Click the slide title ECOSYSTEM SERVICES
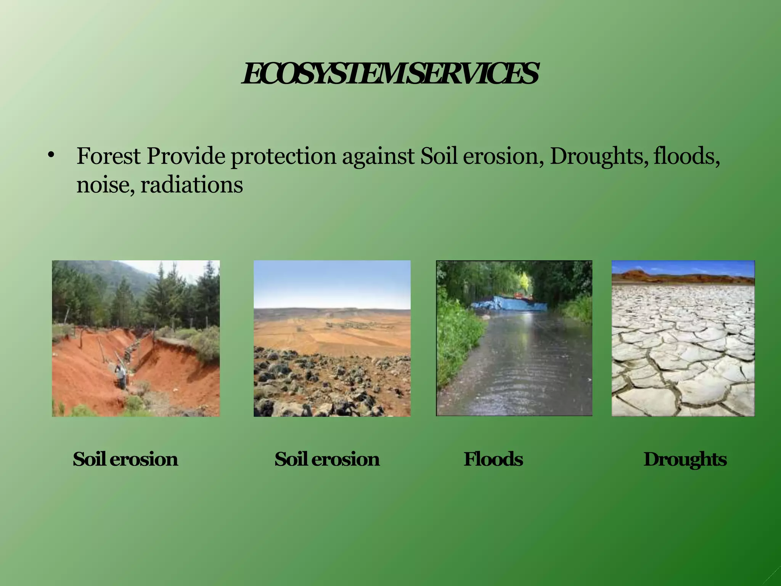coord(390,74)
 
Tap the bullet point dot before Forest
coord(51,155)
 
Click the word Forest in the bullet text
coord(108,156)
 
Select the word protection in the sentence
coord(283,157)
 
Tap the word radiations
coord(191,185)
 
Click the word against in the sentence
coord(378,157)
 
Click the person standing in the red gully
coord(121,376)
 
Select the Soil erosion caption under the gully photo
coord(125,459)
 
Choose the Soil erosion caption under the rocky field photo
coord(327,459)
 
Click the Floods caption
coord(493,459)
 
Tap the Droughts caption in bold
coord(685,459)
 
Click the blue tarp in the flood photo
coord(509,303)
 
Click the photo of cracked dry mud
coord(683,351)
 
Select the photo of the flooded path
coord(514,359)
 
